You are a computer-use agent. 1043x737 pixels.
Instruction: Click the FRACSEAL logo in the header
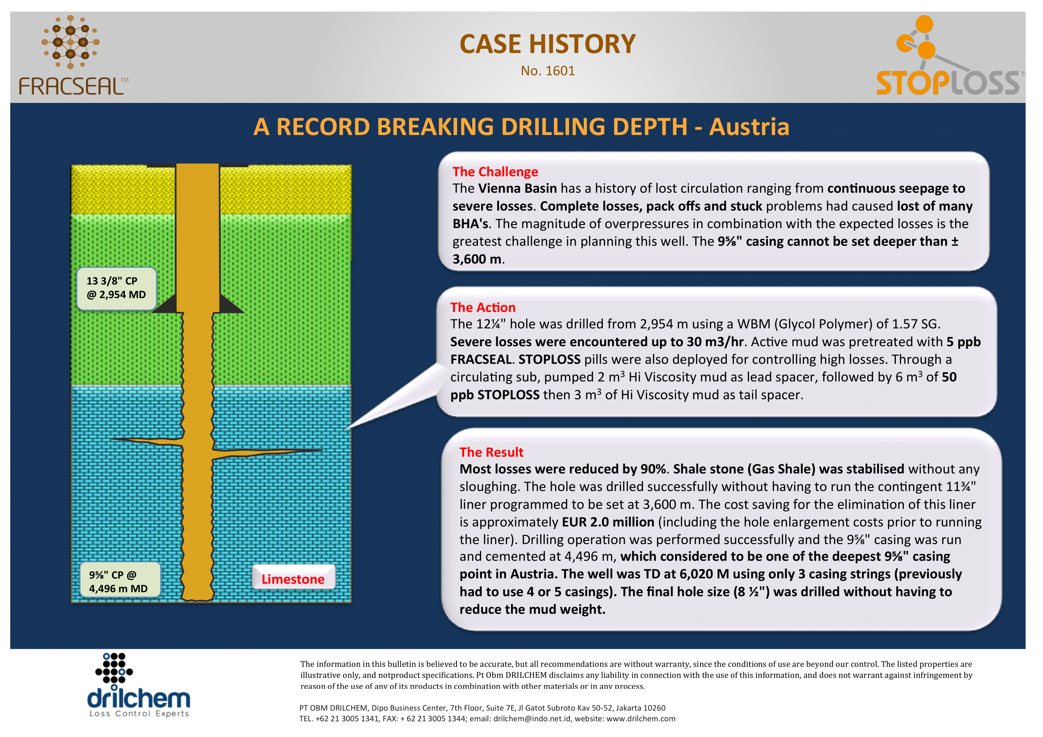[x=73, y=55]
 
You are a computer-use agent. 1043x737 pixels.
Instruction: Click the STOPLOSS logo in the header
[x=949, y=55]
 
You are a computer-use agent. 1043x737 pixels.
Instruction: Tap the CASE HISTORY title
[x=548, y=44]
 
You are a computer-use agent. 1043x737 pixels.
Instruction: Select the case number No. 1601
[x=548, y=71]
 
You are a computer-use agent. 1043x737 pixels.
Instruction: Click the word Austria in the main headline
[x=749, y=127]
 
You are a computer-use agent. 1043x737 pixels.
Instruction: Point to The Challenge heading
[x=495, y=172]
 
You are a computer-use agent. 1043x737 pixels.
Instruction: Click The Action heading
[x=483, y=307]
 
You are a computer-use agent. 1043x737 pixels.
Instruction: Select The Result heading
[x=491, y=452]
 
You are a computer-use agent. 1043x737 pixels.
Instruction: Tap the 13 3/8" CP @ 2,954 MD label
[x=116, y=288]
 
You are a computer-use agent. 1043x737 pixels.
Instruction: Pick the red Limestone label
[x=293, y=579]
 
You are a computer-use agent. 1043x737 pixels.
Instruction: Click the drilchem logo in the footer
[x=138, y=685]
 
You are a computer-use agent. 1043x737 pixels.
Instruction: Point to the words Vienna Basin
[x=517, y=188]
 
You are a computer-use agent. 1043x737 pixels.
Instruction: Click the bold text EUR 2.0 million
[x=608, y=522]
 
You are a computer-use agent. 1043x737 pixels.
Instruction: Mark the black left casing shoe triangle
[x=165, y=304]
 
